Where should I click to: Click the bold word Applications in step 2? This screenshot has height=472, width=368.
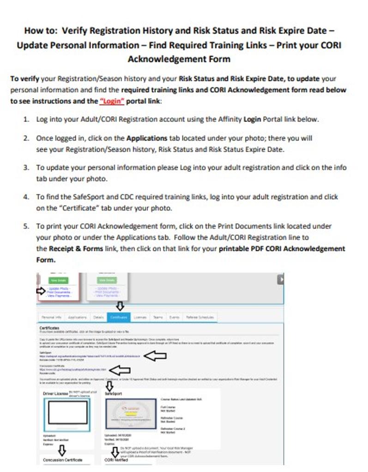(147, 138)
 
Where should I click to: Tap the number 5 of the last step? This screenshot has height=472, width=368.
(26, 226)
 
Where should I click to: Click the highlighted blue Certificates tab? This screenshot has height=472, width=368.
(119, 318)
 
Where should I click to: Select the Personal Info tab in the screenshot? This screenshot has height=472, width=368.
(51, 318)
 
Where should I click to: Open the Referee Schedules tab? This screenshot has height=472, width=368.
(200, 318)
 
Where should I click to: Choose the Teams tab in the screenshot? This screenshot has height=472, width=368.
(157, 318)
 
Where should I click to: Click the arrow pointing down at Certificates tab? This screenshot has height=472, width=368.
(119, 306)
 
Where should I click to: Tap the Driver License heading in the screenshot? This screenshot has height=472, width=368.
(55, 393)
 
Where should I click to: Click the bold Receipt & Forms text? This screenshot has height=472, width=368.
(72, 248)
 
